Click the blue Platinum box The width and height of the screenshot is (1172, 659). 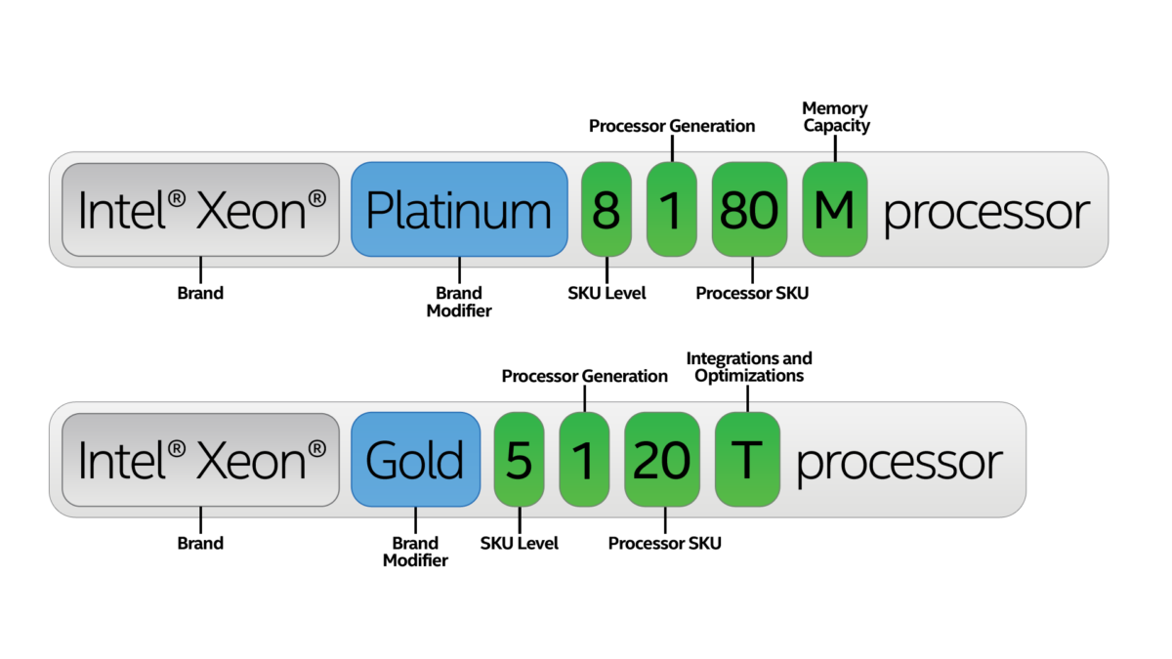[x=459, y=209]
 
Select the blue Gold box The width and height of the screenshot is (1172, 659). [x=416, y=459]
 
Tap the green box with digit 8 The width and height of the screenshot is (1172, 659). [x=607, y=209]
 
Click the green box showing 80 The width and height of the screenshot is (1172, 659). [x=749, y=209]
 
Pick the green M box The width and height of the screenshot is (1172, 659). [x=835, y=209]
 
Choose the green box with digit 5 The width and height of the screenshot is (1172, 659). [x=519, y=459]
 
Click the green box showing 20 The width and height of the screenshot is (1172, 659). [x=662, y=459]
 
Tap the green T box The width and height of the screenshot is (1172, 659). [x=748, y=459]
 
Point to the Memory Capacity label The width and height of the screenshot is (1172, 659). [x=836, y=117]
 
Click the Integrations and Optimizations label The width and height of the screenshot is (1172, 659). [x=749, y=367]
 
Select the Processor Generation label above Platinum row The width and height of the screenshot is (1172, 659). [x=672, y=126]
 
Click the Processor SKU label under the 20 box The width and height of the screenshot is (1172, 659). [x=664, y=543]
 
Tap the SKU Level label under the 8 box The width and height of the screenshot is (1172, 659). [x=607, y=293]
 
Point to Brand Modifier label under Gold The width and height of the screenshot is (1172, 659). [x=415, y=552]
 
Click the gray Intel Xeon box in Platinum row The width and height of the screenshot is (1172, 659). [x=201, y=210]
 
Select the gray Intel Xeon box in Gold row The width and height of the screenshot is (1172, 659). [x=201, y=460]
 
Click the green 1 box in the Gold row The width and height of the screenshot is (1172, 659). [x=584, y=459]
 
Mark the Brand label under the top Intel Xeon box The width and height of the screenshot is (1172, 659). [x=200, y=293]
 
